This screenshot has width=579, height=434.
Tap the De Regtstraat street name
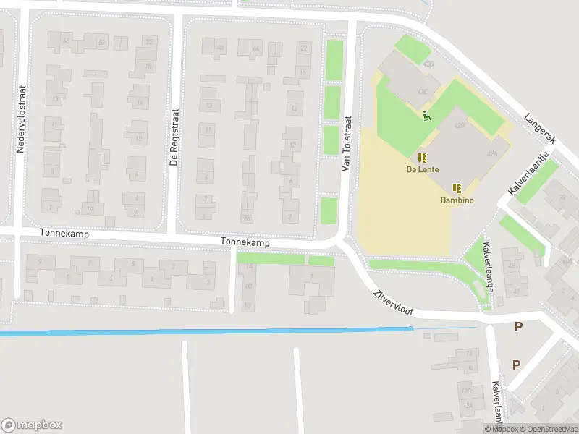174,138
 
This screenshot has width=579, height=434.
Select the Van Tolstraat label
346,144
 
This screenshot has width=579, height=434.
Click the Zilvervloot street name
393,302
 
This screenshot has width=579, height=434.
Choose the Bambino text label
457,200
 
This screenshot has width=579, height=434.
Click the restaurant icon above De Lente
421,158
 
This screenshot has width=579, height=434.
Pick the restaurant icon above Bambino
457,187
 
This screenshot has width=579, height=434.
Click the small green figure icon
427,114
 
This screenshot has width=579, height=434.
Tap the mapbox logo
32,425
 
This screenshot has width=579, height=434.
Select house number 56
66,41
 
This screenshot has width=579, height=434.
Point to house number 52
102,42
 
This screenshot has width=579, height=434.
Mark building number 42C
423,91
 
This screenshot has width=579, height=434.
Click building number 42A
493,154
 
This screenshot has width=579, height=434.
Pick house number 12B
468,391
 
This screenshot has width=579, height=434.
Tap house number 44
255,49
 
